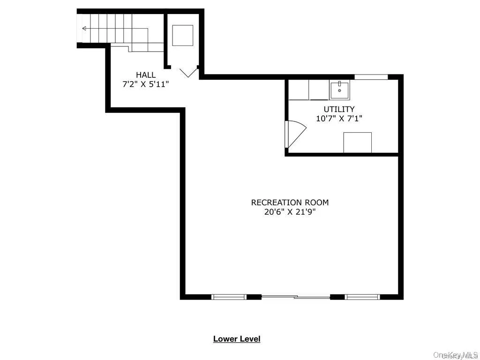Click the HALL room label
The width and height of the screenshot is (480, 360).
(146, 75)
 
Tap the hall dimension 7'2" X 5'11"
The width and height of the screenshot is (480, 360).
(146, 84)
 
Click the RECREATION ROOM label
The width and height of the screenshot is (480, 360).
(290, 202)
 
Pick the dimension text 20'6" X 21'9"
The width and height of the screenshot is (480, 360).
(290, 211)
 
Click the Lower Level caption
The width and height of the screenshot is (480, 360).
(237, 338)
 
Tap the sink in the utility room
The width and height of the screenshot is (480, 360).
(339, 90)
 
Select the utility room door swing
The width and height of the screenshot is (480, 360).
(295, 134)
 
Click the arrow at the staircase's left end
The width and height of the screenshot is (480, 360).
(84, 29)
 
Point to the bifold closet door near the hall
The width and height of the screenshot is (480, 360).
(188, 73)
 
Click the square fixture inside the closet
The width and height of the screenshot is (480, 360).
(183, 36)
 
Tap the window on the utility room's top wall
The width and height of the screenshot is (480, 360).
(371, 77)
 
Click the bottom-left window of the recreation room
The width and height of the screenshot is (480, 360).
(229, 297)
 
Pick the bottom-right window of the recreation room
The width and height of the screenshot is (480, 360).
(362, 297)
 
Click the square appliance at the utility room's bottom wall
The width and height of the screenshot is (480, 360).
(357, 142)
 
